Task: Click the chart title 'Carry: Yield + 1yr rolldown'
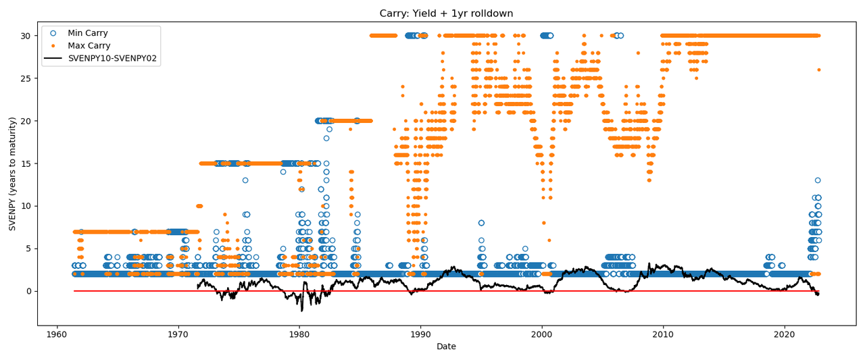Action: [446, 14]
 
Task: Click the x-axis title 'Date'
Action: [446, 346]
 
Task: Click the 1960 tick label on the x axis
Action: [57, 334]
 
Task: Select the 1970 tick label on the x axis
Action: [178, 334]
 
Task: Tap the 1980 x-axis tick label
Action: [299, 334]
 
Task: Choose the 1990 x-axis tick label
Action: [420, 334]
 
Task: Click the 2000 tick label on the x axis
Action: [541, 334]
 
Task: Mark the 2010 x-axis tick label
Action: [663, 334]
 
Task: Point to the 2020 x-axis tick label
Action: [784, 334]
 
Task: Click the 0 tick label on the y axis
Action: [28, 291]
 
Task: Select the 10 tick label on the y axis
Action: [26, 206]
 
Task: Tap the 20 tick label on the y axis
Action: [26, 121]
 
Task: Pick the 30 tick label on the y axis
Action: [26, 36]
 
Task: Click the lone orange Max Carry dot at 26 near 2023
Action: [818, 70]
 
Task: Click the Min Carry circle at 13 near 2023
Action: [818, 180]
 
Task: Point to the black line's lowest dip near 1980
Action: [301, 310]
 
